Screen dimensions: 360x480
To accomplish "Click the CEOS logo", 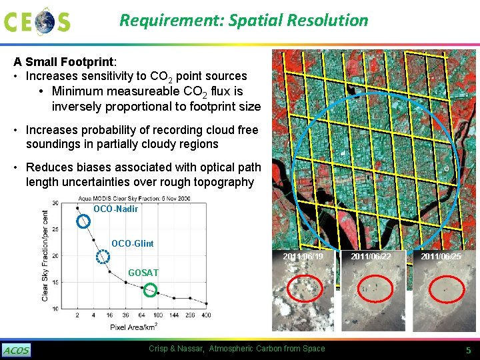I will click(37, 21).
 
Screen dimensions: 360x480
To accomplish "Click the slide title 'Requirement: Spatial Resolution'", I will click(243, 20).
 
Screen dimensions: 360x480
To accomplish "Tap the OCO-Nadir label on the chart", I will click(115, 209).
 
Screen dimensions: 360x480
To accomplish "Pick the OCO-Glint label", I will click(132, 243).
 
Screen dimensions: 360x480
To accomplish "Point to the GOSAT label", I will click(143, 273).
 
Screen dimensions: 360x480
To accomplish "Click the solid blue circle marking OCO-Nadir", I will click(83, 221).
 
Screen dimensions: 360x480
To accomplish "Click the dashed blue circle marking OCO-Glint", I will click(103, 257).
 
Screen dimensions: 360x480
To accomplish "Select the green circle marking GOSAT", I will click(151, 290).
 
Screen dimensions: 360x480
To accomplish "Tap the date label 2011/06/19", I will click(303, 257).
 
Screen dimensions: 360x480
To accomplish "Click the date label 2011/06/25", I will click(441, 257).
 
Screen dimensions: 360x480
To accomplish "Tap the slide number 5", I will click(468, 351).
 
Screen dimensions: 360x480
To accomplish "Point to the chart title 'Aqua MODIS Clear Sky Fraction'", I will click(133, 199).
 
